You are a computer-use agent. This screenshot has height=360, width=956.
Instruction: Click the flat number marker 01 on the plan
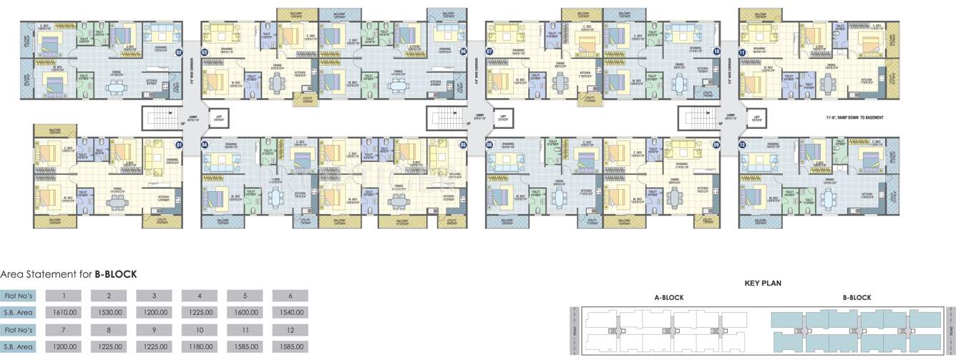180,145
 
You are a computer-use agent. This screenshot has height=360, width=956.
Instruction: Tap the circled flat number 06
463,52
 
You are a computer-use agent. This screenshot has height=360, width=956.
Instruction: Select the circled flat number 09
716,145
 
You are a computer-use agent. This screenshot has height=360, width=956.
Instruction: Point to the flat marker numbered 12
743,145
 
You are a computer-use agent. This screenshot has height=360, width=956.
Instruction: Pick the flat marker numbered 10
716,52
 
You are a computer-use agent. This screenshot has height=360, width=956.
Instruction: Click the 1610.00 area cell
69,313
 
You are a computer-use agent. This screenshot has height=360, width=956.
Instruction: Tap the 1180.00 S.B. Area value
205,347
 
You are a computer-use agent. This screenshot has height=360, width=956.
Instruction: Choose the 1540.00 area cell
295,313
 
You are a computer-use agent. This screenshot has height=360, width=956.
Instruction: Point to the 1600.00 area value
250,313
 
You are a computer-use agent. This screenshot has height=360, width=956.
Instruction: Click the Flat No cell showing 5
250,296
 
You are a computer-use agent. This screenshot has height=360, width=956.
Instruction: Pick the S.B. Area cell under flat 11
250,347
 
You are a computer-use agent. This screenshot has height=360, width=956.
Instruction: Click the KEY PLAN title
763,283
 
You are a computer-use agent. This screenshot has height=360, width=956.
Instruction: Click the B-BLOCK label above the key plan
857,297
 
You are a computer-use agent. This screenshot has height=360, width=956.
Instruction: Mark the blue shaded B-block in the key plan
855,331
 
